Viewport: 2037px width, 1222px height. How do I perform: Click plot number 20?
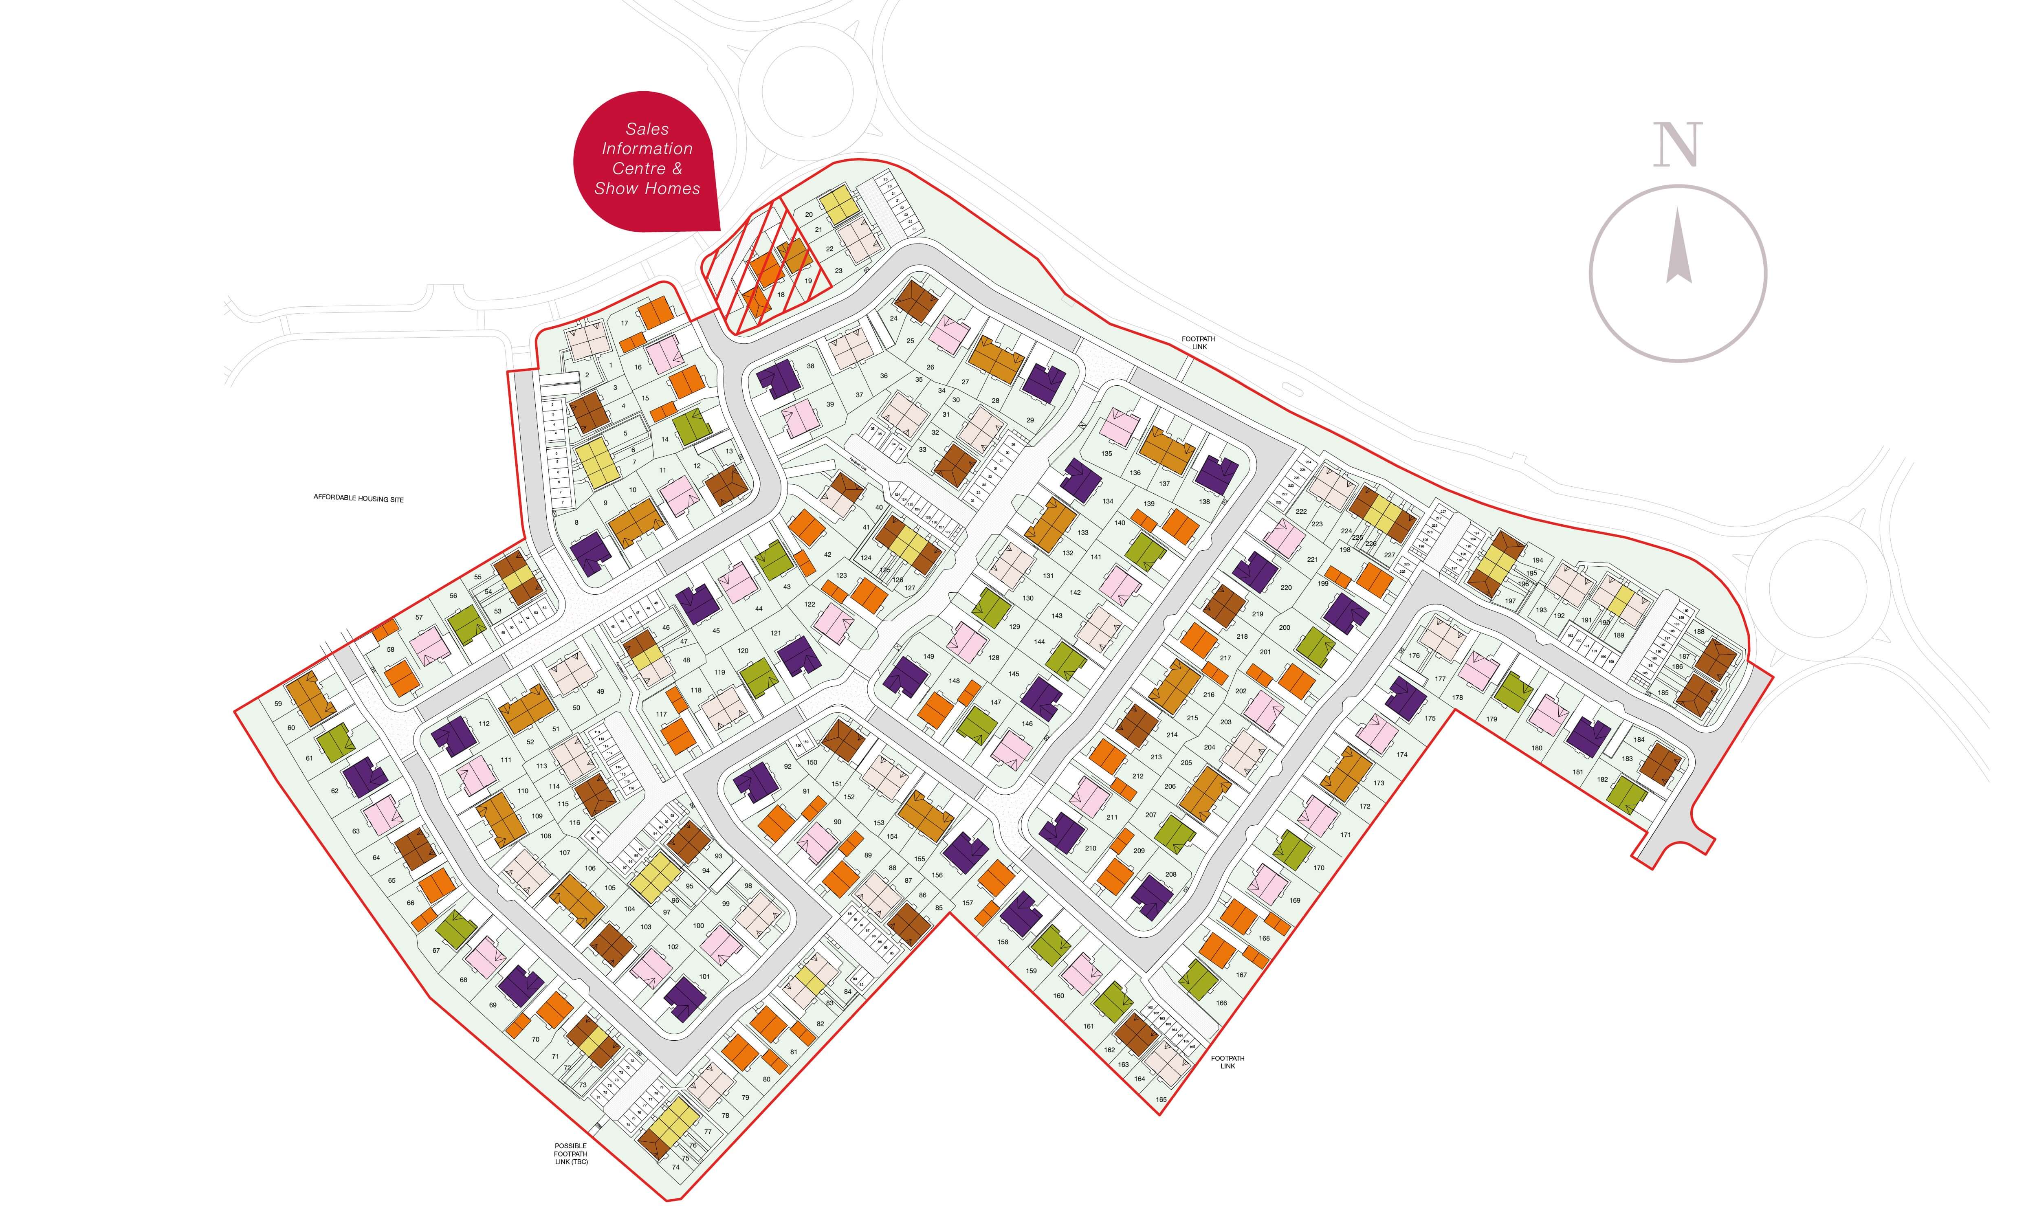pyautogui.click(x=809, y=215)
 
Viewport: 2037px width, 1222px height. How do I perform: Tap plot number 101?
pyautogui.click(x=704, y=977)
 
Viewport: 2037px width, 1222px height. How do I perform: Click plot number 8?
pyautogui.click(x=576, y=522)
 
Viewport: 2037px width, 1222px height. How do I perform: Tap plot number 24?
pyautogui.click(x=893, y=318)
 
